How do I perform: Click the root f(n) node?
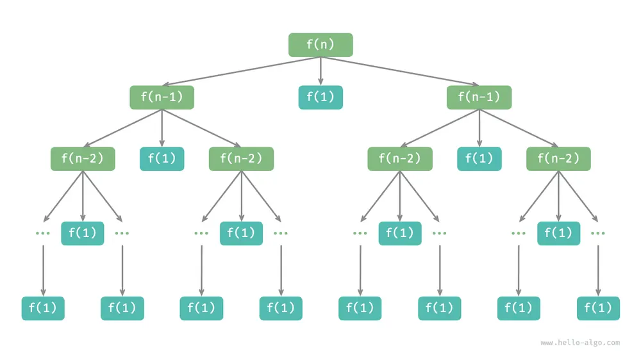[x=320, y=45]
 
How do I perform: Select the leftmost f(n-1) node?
[x=162, y=97]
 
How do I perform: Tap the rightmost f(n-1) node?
[x=479, y=97]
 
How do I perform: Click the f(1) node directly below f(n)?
[x=320, y=97]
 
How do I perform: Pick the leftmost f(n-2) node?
[x=83, y=159]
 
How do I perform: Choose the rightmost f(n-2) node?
[x=558, y=159]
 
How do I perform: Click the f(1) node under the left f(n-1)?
[x=162, y=159]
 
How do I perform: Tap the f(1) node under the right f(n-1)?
[x=479, y=159]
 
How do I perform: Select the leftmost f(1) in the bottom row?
[x=43, y=308]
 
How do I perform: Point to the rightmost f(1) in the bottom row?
[x=598, y=308]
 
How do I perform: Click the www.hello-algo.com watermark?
[x=580, y=343]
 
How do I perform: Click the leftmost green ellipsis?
[x=43, y=233]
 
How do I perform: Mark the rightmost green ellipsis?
[x=597, y=233]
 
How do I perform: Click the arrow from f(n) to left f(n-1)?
[x=241, y=71]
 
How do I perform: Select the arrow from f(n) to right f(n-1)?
[x=400, y=71]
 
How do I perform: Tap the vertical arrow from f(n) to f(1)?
[x=320, y=71]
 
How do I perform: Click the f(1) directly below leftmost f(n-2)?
[x=83, y=233]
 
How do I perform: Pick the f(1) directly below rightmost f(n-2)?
[x=558, y=233]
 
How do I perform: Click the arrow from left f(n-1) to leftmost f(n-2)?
[x=122, y=128]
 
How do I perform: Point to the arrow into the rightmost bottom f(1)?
[x=598, y=270]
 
